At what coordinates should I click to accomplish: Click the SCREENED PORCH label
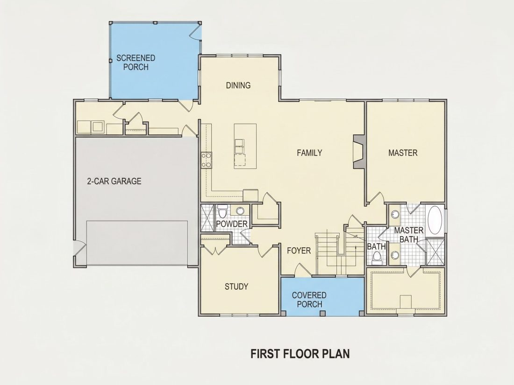pos(136,63)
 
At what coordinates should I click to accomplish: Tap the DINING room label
pos(238,85)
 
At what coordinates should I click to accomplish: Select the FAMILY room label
pos(309,153)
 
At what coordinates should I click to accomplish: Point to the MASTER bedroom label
pos(403,153)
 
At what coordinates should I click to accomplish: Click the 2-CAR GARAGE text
pos(114,181)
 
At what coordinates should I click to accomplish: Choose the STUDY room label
pos(236,287)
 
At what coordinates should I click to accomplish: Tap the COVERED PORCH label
pos(309,300)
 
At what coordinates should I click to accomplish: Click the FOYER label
pos(299,251)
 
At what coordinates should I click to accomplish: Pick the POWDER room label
pos(232,224)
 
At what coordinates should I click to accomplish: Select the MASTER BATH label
pos(409,235)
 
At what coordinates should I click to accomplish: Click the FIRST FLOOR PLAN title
pos(300,354)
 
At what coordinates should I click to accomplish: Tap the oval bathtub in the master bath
pos(435,220)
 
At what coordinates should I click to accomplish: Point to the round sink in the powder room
pos(240,210)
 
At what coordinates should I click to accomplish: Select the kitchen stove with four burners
pos(207,160)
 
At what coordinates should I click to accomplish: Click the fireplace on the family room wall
pos(358,152)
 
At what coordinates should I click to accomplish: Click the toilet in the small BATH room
pos(377,258)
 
